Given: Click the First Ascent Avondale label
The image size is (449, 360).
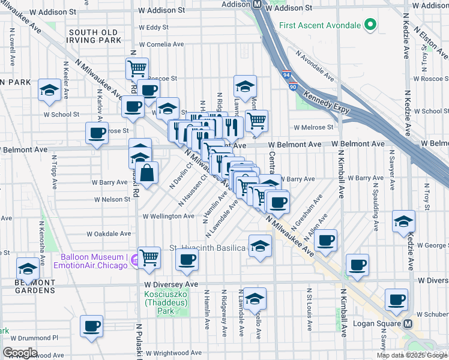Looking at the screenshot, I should click(x=319, y=25).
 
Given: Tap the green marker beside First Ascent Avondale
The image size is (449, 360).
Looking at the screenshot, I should click(x=370, y=25).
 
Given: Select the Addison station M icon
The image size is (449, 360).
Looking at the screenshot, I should click(x=256, y=4).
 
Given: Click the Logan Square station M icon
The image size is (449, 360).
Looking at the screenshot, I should click(x=408, y=323).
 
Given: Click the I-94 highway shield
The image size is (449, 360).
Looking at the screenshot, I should click(x=286, y=76).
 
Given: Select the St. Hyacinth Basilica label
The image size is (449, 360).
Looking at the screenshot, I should click(x=207, y=248).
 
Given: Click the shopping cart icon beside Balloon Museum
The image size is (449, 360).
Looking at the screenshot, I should click(x=149, y=257).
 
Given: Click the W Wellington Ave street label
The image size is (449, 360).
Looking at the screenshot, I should click(x=168, y=216).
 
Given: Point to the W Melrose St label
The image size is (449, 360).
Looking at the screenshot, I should click(x=313, y=127).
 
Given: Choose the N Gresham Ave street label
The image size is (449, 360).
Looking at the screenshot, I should click(x=307, y=208).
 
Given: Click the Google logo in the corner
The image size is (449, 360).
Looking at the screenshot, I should click(x=20, y=353).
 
